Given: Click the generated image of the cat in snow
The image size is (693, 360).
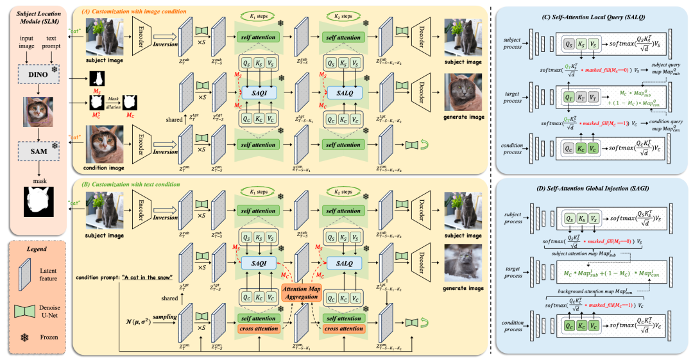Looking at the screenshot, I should (464, 264).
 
